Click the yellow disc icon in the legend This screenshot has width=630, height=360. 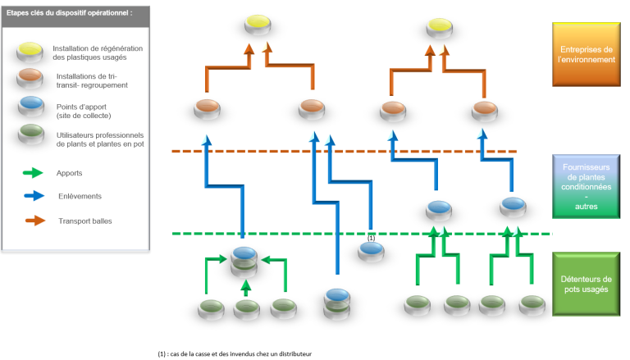tap(31, 52)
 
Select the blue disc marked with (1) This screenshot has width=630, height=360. tap(372, 251)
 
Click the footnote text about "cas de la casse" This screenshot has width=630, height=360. tap(236, 353)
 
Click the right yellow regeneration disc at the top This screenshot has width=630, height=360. tap(439, 28)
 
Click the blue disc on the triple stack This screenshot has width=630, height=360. tap(244, 253)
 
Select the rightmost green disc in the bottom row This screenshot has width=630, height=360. tap(531, 303)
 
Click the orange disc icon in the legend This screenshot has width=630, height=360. tap(31, 79)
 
